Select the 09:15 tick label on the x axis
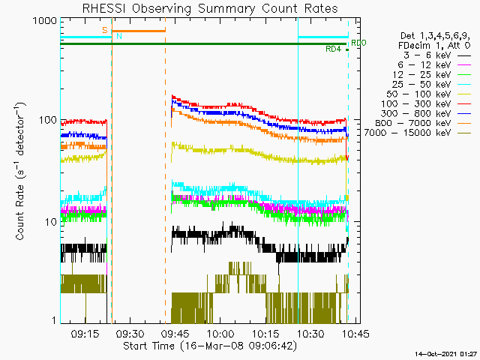[x=85, y=333]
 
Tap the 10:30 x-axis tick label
[x=310, y=333]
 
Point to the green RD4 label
[x=334, y=49]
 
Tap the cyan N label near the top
[x=118, y=36]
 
